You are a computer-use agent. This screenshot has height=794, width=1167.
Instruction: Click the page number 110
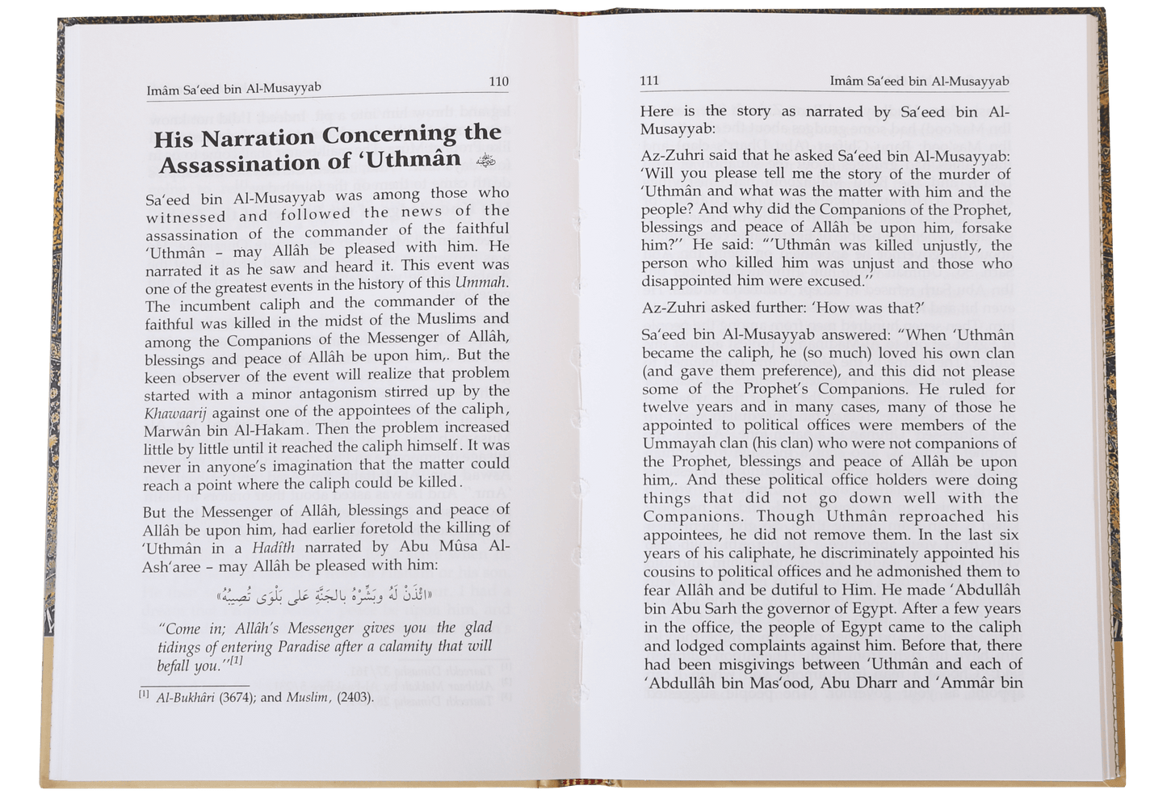pyautogui.click(x=499, y=81)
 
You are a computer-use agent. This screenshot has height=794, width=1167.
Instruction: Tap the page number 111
pyautogui.click(x=649, y=80)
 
